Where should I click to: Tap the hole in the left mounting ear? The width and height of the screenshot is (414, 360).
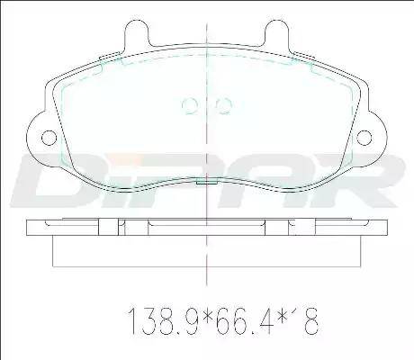click(46, 137)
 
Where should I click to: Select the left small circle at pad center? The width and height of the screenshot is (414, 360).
click(190, 105)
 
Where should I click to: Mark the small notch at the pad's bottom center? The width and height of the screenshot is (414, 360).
click(207, 181)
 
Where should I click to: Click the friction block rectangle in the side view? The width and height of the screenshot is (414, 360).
click(207, 252)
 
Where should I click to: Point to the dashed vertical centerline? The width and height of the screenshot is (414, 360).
click(207, 135)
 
